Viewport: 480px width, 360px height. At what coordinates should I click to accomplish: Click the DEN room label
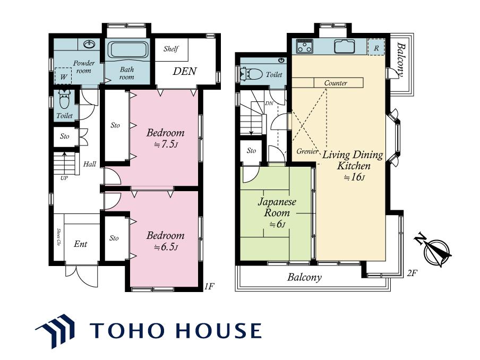pos(184,71)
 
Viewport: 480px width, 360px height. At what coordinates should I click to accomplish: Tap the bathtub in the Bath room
pos(127,49)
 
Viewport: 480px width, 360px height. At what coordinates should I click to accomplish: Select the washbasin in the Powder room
pos(89,45)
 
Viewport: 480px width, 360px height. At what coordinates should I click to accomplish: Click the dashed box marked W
pos(63,76)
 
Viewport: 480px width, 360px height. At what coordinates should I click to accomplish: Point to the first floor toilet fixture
pos(64,99)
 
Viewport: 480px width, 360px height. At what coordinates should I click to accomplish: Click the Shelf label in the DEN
pos(171,49)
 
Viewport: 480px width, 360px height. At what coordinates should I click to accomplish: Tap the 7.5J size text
pos(165,144)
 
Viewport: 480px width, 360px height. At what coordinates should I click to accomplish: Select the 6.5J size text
pos(165,247)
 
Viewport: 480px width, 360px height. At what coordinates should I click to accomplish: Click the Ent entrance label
pos(81,244)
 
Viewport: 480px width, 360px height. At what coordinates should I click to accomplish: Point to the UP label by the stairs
pos(64,178)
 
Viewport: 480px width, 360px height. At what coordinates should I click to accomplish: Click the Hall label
pos(90,164)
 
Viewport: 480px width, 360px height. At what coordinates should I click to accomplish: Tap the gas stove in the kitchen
pos(305,46)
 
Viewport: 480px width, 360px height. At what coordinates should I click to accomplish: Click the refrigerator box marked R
pos(376,47)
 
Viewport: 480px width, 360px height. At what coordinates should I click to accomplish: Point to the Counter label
pos(336,83)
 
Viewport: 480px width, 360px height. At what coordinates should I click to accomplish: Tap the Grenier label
pos(307,151)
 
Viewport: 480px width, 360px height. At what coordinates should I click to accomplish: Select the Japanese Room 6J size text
pos(277,225)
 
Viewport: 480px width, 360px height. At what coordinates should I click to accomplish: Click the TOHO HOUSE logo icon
pos(55,331)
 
